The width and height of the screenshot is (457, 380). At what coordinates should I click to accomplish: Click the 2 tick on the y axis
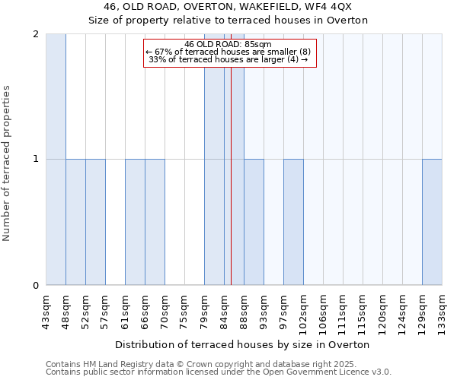tap(36, 34)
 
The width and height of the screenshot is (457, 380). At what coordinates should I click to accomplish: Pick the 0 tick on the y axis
tap(36, 286)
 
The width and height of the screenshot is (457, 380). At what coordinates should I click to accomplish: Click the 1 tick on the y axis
tap(36, 160)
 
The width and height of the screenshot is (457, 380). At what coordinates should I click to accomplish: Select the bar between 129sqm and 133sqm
tap(432, 222)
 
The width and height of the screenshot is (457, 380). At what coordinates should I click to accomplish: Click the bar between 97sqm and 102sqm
tap(293, 222)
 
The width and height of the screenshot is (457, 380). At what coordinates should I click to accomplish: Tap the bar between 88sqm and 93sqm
tap(254, 222)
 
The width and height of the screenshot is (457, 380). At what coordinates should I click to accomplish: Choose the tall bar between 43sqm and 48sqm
tap(56, 160)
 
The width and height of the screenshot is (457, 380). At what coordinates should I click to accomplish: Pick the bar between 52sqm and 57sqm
tap(95, 222)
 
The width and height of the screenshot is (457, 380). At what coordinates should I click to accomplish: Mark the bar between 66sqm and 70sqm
tap(155, 222)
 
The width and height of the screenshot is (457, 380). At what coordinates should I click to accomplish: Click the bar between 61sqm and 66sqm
tap(135, 222)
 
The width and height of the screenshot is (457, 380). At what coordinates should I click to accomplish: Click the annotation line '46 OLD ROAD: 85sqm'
tap(228, 45)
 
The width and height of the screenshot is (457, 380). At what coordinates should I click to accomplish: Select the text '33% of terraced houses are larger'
tap(217, 59)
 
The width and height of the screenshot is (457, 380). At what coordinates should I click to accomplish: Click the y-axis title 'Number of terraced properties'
tap(7, 163)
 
